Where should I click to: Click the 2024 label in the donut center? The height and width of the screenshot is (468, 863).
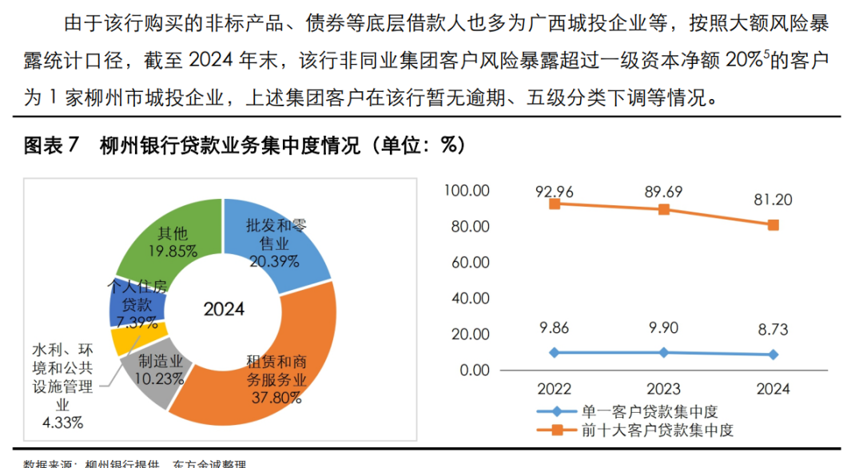(224, 309)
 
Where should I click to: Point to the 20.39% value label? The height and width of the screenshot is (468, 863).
(274, 261)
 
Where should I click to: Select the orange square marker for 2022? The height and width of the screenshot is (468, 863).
(554, 204)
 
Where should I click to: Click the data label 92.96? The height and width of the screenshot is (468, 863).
(554, 191)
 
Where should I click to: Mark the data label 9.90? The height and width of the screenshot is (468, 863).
(663, 330)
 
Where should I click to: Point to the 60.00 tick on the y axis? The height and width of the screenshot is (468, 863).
(470, 262)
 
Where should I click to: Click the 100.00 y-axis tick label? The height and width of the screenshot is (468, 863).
(467, 191)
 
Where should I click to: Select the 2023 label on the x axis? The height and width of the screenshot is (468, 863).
(663, 389)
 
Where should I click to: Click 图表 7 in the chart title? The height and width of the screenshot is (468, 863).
(52, 146)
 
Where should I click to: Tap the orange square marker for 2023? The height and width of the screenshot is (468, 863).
(663, 209)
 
